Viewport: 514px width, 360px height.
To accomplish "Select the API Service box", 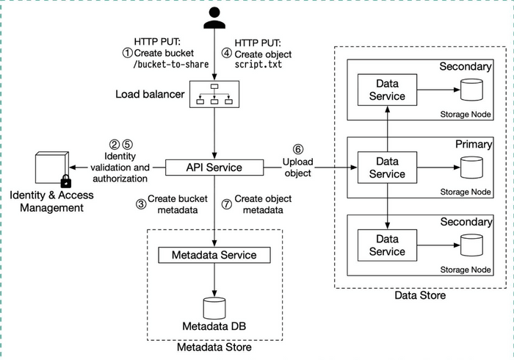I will pos(214,168).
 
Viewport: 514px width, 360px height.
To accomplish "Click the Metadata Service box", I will pos(214,255).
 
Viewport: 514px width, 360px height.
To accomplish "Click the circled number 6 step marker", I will pos(297,148).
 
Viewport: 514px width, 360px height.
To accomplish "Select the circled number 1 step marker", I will pos(127,53).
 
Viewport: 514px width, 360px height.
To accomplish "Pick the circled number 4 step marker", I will pos(228,53).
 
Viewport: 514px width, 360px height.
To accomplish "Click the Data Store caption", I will pos(419,295).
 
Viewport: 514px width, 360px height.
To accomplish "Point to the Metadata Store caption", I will pos(214,347).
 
